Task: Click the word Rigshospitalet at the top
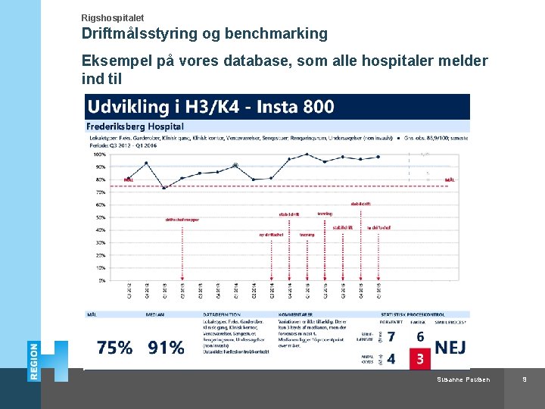[112, 17]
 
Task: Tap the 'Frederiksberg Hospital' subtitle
[135, 126]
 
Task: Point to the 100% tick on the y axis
[99, 154]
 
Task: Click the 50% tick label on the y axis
[101, 217]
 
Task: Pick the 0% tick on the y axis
[101, 280]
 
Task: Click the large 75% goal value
[115, 348]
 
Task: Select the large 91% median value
[166, 348]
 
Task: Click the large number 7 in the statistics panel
[391, 337]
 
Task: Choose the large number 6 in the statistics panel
[420, 336]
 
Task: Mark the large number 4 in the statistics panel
[391, 358]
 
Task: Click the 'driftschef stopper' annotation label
[182, 220]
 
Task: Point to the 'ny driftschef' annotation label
[271, 235]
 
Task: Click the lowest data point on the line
[164, 187]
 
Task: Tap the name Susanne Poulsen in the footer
[464, 379]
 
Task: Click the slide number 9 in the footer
[524, 379]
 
